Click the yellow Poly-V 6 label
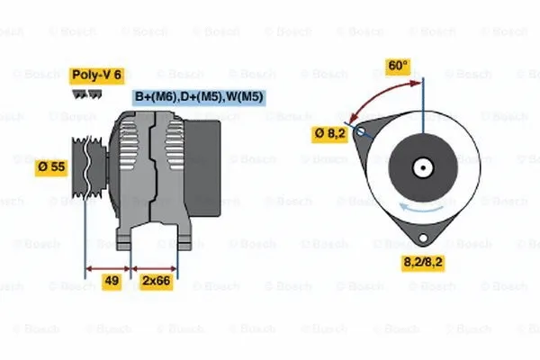tap(97, 76)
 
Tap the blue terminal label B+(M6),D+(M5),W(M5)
tap(199, 96)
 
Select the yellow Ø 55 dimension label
tap(51, 167)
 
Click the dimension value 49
tap(112, 282)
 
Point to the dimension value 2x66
tap(156, 282)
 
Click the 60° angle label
tap(397, 66)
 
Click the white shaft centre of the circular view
tap(421, 167)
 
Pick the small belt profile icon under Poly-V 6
tap(85, 93)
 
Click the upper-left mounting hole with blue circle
tap(361, 132)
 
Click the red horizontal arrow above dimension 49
tap(109, 268)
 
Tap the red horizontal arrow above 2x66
tap(155, 268)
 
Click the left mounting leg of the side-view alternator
tap(126, 238)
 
